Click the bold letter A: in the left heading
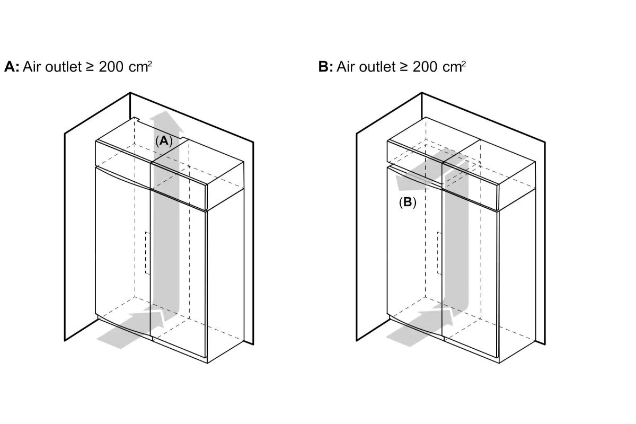(x=12, y=67)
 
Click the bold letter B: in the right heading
(x=325, y=67)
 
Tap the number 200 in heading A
(x=111, y=67)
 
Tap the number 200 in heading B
(x=425, y=67)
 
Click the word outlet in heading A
(x=63, y=67)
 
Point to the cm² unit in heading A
(x=140, y=67)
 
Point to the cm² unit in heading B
(x=454, y=67)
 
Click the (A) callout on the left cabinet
(x=164, y=141)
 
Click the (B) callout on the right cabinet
(x=408, y=202)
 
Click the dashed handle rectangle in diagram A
(x=148, y=253)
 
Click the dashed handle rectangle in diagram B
(x=439, y=253)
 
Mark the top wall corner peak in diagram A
(x=130, y=93)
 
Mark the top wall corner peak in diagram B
(x=422, y=93)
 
